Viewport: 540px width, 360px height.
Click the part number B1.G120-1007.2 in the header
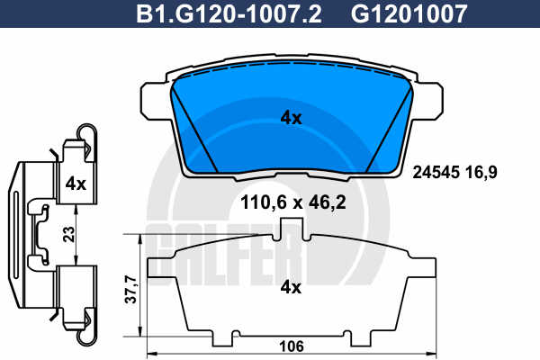pos(229,13)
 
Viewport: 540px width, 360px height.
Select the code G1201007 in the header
pos(409,13)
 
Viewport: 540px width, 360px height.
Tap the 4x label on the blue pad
pos(291,118)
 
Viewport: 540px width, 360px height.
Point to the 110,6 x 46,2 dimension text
pos(293,202)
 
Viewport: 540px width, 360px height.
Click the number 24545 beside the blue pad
pos(436,172)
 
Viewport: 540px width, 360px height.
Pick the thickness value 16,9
pos(481,172)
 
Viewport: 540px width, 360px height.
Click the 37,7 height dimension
pos(130,290)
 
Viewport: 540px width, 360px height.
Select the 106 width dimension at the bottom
pos(292,346)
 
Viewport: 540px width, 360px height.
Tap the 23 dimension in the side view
pos(69,234)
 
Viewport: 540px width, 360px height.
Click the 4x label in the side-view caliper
pos(76,184)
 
